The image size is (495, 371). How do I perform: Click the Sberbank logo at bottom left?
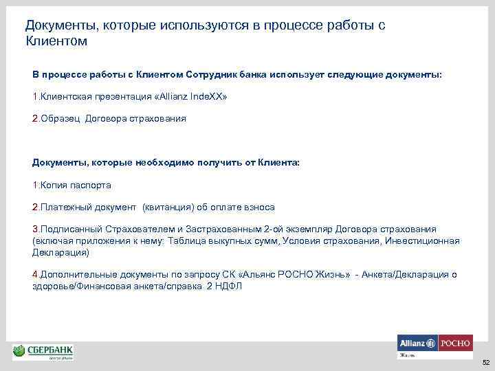pos(43,352)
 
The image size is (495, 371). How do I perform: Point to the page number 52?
pos(485,362)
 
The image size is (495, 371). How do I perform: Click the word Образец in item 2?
pos(61,118)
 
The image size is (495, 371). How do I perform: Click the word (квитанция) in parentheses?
pos(170,207)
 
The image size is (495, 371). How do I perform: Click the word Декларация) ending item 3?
pos(60,252)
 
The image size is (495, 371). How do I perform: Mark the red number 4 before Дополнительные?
pos(34,274)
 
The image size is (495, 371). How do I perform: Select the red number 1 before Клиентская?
pos(34,97)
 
